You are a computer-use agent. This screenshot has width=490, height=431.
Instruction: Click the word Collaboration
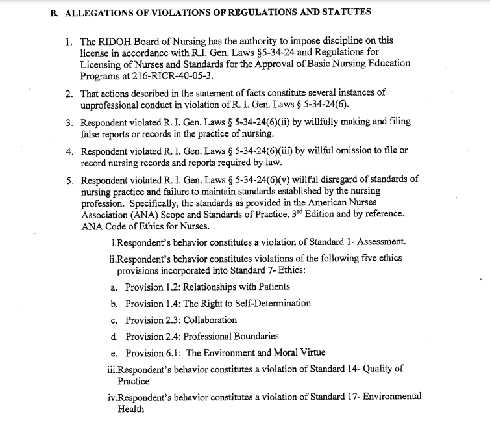pos(210,320)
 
